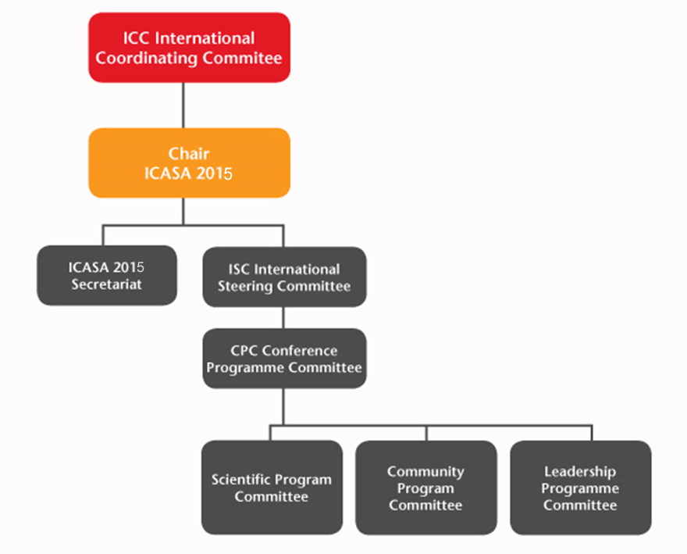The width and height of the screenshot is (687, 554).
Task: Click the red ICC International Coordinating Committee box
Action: pyautogui.click(x=189, y=48)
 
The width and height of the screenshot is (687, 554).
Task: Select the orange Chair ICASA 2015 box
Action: pyautogui.click(x=189, y=163)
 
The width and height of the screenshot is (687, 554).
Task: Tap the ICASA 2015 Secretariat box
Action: pyautogui.click(x=107, y=276)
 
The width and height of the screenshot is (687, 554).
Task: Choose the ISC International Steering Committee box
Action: pyautogui.click(x=284, y=277)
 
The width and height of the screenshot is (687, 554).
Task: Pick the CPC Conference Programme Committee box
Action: pyautogui.click(x=284, y=359)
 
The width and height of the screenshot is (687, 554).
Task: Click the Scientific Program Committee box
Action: pyautogui.click(x=272, y=488)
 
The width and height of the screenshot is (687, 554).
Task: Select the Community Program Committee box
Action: pyautogui.click(x=425, y=488)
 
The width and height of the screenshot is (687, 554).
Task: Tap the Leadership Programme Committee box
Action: pyautogui.click(x=580, y=488)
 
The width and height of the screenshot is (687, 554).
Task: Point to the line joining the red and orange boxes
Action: pyautogui.click(x=183, y=105)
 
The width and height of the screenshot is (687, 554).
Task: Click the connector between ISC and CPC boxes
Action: pyautogui.click(x=284, y=317)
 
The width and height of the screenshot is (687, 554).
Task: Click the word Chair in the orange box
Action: pyautogui.click(x=189, y=153)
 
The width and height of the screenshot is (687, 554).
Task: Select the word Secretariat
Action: pyautogui.click(x=107, y=284)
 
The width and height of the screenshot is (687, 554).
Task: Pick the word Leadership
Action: pyautogui.click(x=580, y=471)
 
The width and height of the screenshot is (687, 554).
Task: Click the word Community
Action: pyautogui.click(x=425, y=471)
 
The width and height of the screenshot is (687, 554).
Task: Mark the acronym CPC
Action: pyautogui.click(x=244, y=351)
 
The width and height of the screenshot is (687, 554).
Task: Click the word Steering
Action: pyautogui.click(x=245, y=286)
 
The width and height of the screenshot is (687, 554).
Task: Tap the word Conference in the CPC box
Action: pyautogui.click(x=300, y=351)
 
